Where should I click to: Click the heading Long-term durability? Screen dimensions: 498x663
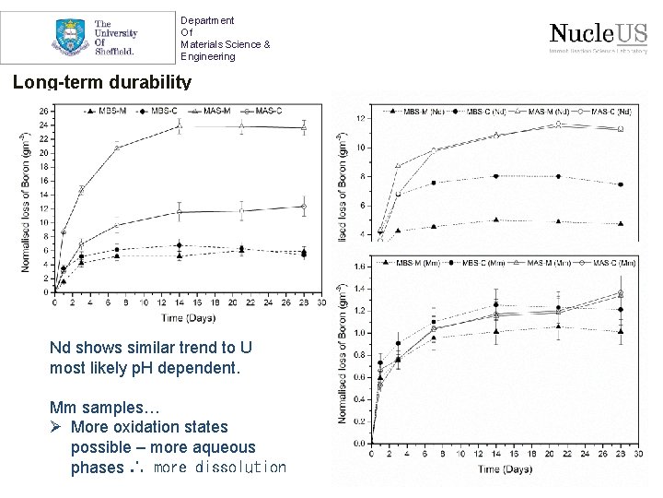pos(102,82)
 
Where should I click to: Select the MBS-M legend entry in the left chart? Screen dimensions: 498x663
pos(103,112)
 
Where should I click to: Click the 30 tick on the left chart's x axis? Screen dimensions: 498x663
pos(322,302)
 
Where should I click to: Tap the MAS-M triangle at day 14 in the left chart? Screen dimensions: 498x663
pos(180,125)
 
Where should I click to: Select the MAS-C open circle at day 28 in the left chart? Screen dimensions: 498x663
pos(304,207)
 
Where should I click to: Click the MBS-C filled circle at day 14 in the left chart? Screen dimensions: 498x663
pos(180,246)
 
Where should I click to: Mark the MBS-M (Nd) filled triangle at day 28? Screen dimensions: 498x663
pos(621,223)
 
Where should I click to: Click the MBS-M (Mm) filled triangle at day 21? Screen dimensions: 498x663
pos(558,326)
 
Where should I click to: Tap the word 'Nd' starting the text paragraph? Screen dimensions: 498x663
pos(60,348)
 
